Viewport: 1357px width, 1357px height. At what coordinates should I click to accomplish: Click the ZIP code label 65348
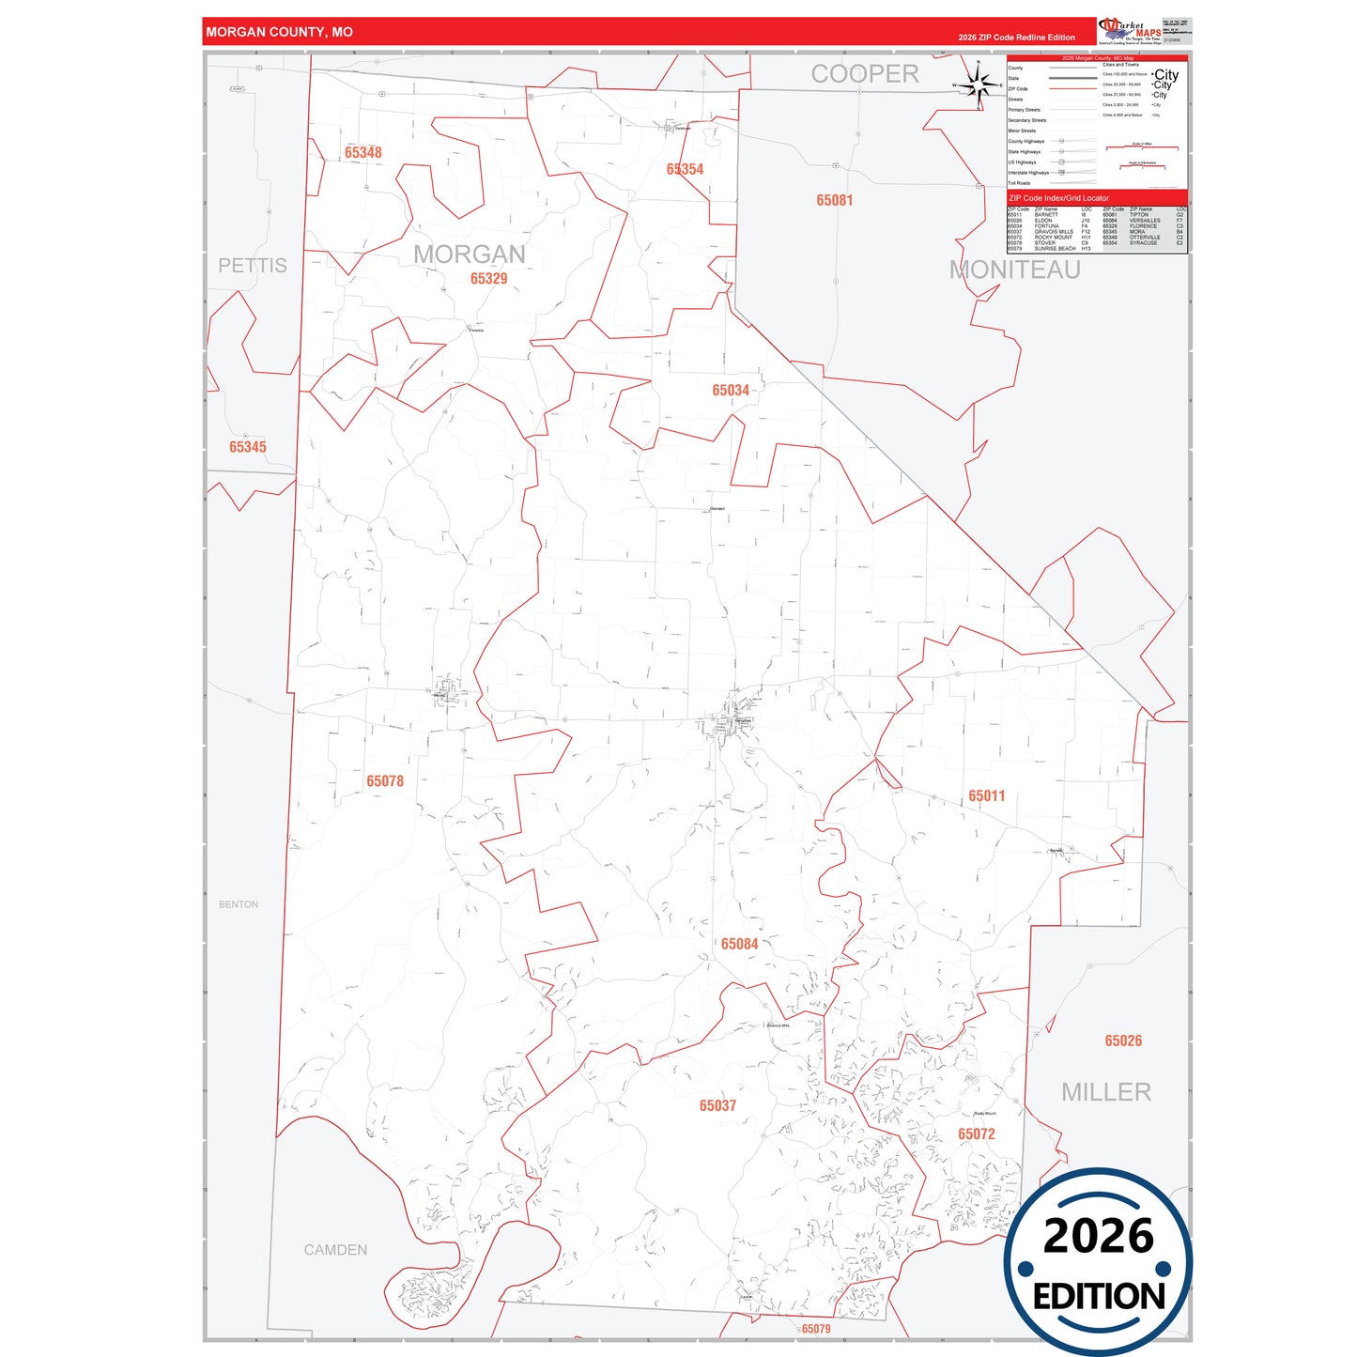tap(362, 152)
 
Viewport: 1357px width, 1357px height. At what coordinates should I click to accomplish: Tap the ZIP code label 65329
tap(488, 278)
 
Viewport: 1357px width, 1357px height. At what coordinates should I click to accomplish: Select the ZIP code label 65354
tap(685, 169)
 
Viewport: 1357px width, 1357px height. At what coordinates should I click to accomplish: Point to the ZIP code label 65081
tap(834, 200)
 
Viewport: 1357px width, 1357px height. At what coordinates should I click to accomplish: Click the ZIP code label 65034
tap(730, 390)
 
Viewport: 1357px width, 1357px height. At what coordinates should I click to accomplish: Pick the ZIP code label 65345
tap(248, 447)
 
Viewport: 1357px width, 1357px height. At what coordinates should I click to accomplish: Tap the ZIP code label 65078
tap(385, 781)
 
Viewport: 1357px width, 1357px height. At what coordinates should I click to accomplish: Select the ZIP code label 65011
tap(986, 795)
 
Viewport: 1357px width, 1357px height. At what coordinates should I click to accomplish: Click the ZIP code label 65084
tap(739, 944)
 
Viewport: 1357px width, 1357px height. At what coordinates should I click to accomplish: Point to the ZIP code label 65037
tap(717, 1105)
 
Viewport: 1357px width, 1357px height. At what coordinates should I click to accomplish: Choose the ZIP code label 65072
tap(976, 1133)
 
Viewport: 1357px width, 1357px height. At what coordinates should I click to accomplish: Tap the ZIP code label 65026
tap(1123, 1041)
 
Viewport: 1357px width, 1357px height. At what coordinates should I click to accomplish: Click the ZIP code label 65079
tap(815, 1329)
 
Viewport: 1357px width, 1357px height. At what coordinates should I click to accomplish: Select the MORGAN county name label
tap(470, 254)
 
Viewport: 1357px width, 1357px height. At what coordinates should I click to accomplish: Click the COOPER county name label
tap(865, 74)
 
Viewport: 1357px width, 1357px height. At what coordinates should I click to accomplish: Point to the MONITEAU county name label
tap(1014, 270)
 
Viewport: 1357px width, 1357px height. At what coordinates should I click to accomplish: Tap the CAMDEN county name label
tap(335, 1250)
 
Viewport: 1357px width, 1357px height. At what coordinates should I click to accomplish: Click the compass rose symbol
tap(979, 85)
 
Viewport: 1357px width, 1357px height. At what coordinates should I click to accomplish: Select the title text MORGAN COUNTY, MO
tap(280, 32)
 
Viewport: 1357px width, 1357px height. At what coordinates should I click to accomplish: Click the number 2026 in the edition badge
tap(1098, 1236)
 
